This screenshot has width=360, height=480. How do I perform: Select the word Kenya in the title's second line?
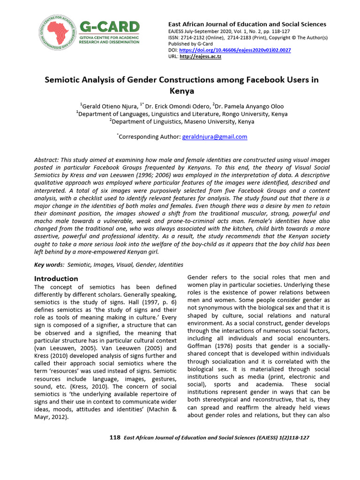[x=181, y=91]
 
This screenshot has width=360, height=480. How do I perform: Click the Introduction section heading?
[x=56, y=278]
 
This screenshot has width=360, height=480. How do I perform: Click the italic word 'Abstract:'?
[x=49, y=160]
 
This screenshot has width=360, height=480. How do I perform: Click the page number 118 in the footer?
[x=115, y=437]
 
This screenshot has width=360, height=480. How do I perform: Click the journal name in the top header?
[x=247, y=24]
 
